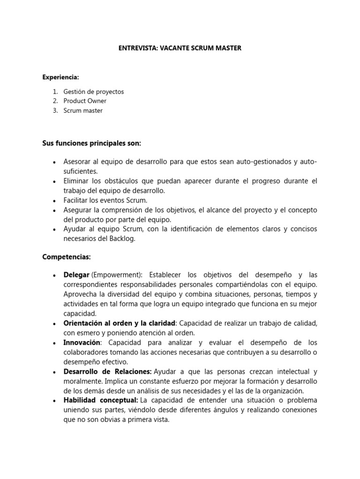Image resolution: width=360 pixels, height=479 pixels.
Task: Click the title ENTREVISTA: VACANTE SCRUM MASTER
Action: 180,48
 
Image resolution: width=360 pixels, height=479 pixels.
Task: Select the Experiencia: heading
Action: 60,76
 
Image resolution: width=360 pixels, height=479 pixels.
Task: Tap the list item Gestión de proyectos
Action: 94,92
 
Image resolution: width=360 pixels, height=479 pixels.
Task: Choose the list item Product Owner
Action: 85,101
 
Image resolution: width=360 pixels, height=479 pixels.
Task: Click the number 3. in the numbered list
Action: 55,111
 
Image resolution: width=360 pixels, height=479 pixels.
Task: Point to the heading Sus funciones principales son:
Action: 91,142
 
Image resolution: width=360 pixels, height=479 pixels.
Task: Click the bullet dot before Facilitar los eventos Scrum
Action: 55,200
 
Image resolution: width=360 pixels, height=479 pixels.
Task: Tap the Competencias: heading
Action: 67,257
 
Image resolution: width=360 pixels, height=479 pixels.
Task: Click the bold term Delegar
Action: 76,275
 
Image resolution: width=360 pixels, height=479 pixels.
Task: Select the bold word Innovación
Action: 82,342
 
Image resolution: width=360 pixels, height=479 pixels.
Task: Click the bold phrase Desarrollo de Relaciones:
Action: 107,371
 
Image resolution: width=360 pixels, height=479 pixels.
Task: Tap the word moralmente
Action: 81,381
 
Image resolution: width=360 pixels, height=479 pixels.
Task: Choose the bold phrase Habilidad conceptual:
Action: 101,400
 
